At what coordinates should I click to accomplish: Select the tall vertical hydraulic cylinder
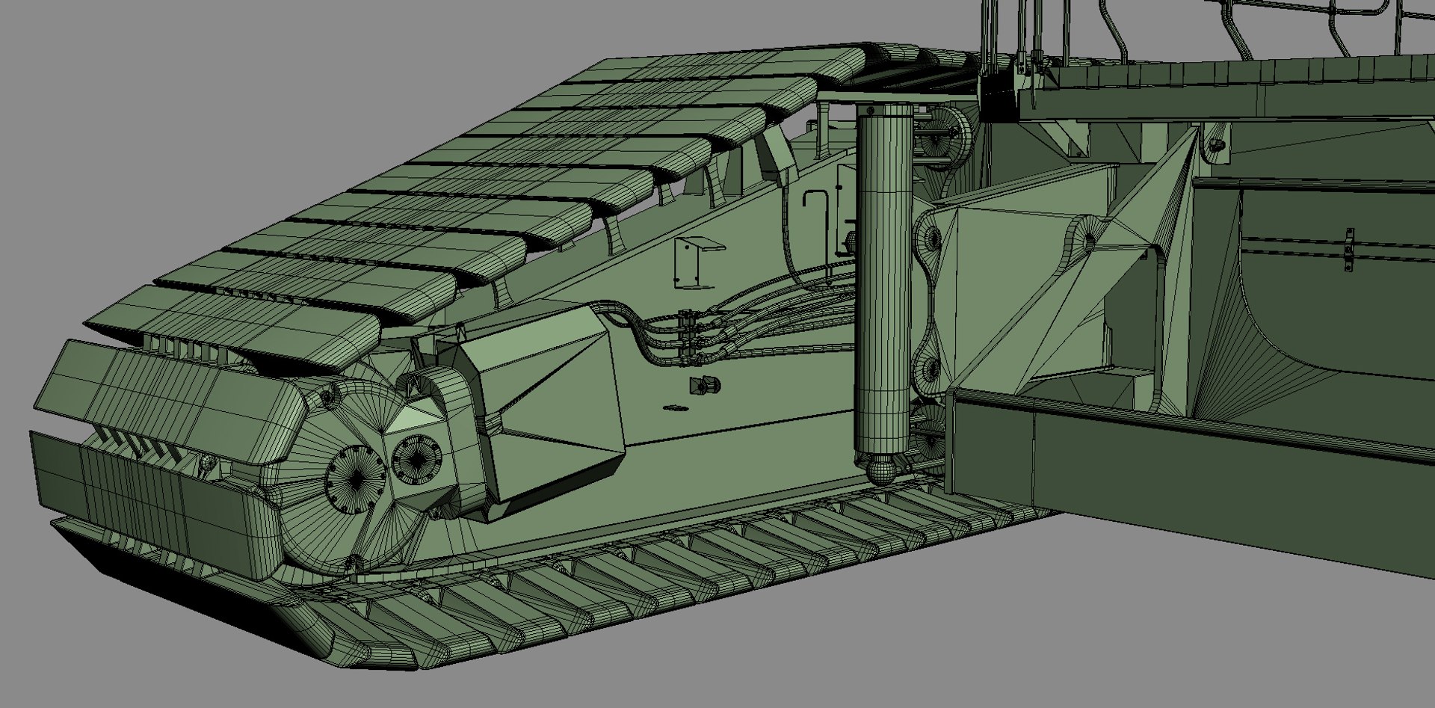[x=884, y=284]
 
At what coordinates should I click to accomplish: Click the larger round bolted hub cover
[x=352, y=470]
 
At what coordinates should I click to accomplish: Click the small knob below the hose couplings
[x=704, y=386]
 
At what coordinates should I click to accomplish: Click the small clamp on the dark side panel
[x=1349, y=251]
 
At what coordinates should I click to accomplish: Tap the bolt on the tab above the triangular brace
[x=1217, y=143]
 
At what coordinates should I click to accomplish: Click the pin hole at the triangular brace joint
[x=1088, y=241]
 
